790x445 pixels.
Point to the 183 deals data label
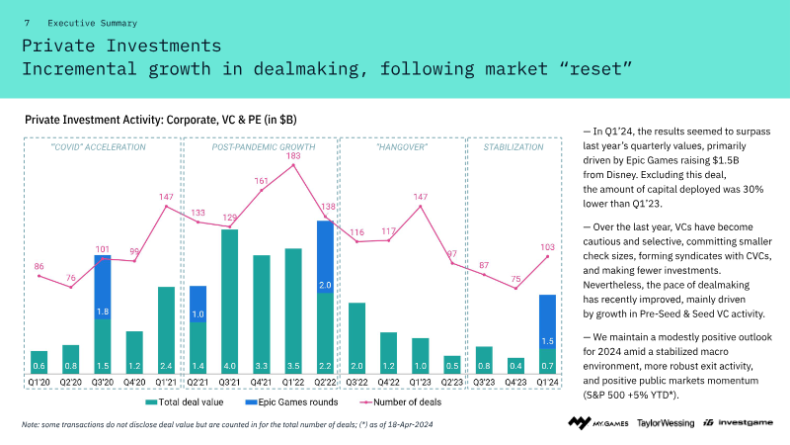coord(293,156)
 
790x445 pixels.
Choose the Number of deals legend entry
coord(400,402)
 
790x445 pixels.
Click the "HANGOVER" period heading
coord(401,147)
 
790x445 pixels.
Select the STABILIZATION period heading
coord(513,147)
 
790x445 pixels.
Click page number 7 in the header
coord(27,22)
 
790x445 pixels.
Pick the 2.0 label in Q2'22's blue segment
coord(325,286)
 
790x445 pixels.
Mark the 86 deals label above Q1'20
coord(39,266)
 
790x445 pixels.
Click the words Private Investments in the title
coord(121,45)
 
